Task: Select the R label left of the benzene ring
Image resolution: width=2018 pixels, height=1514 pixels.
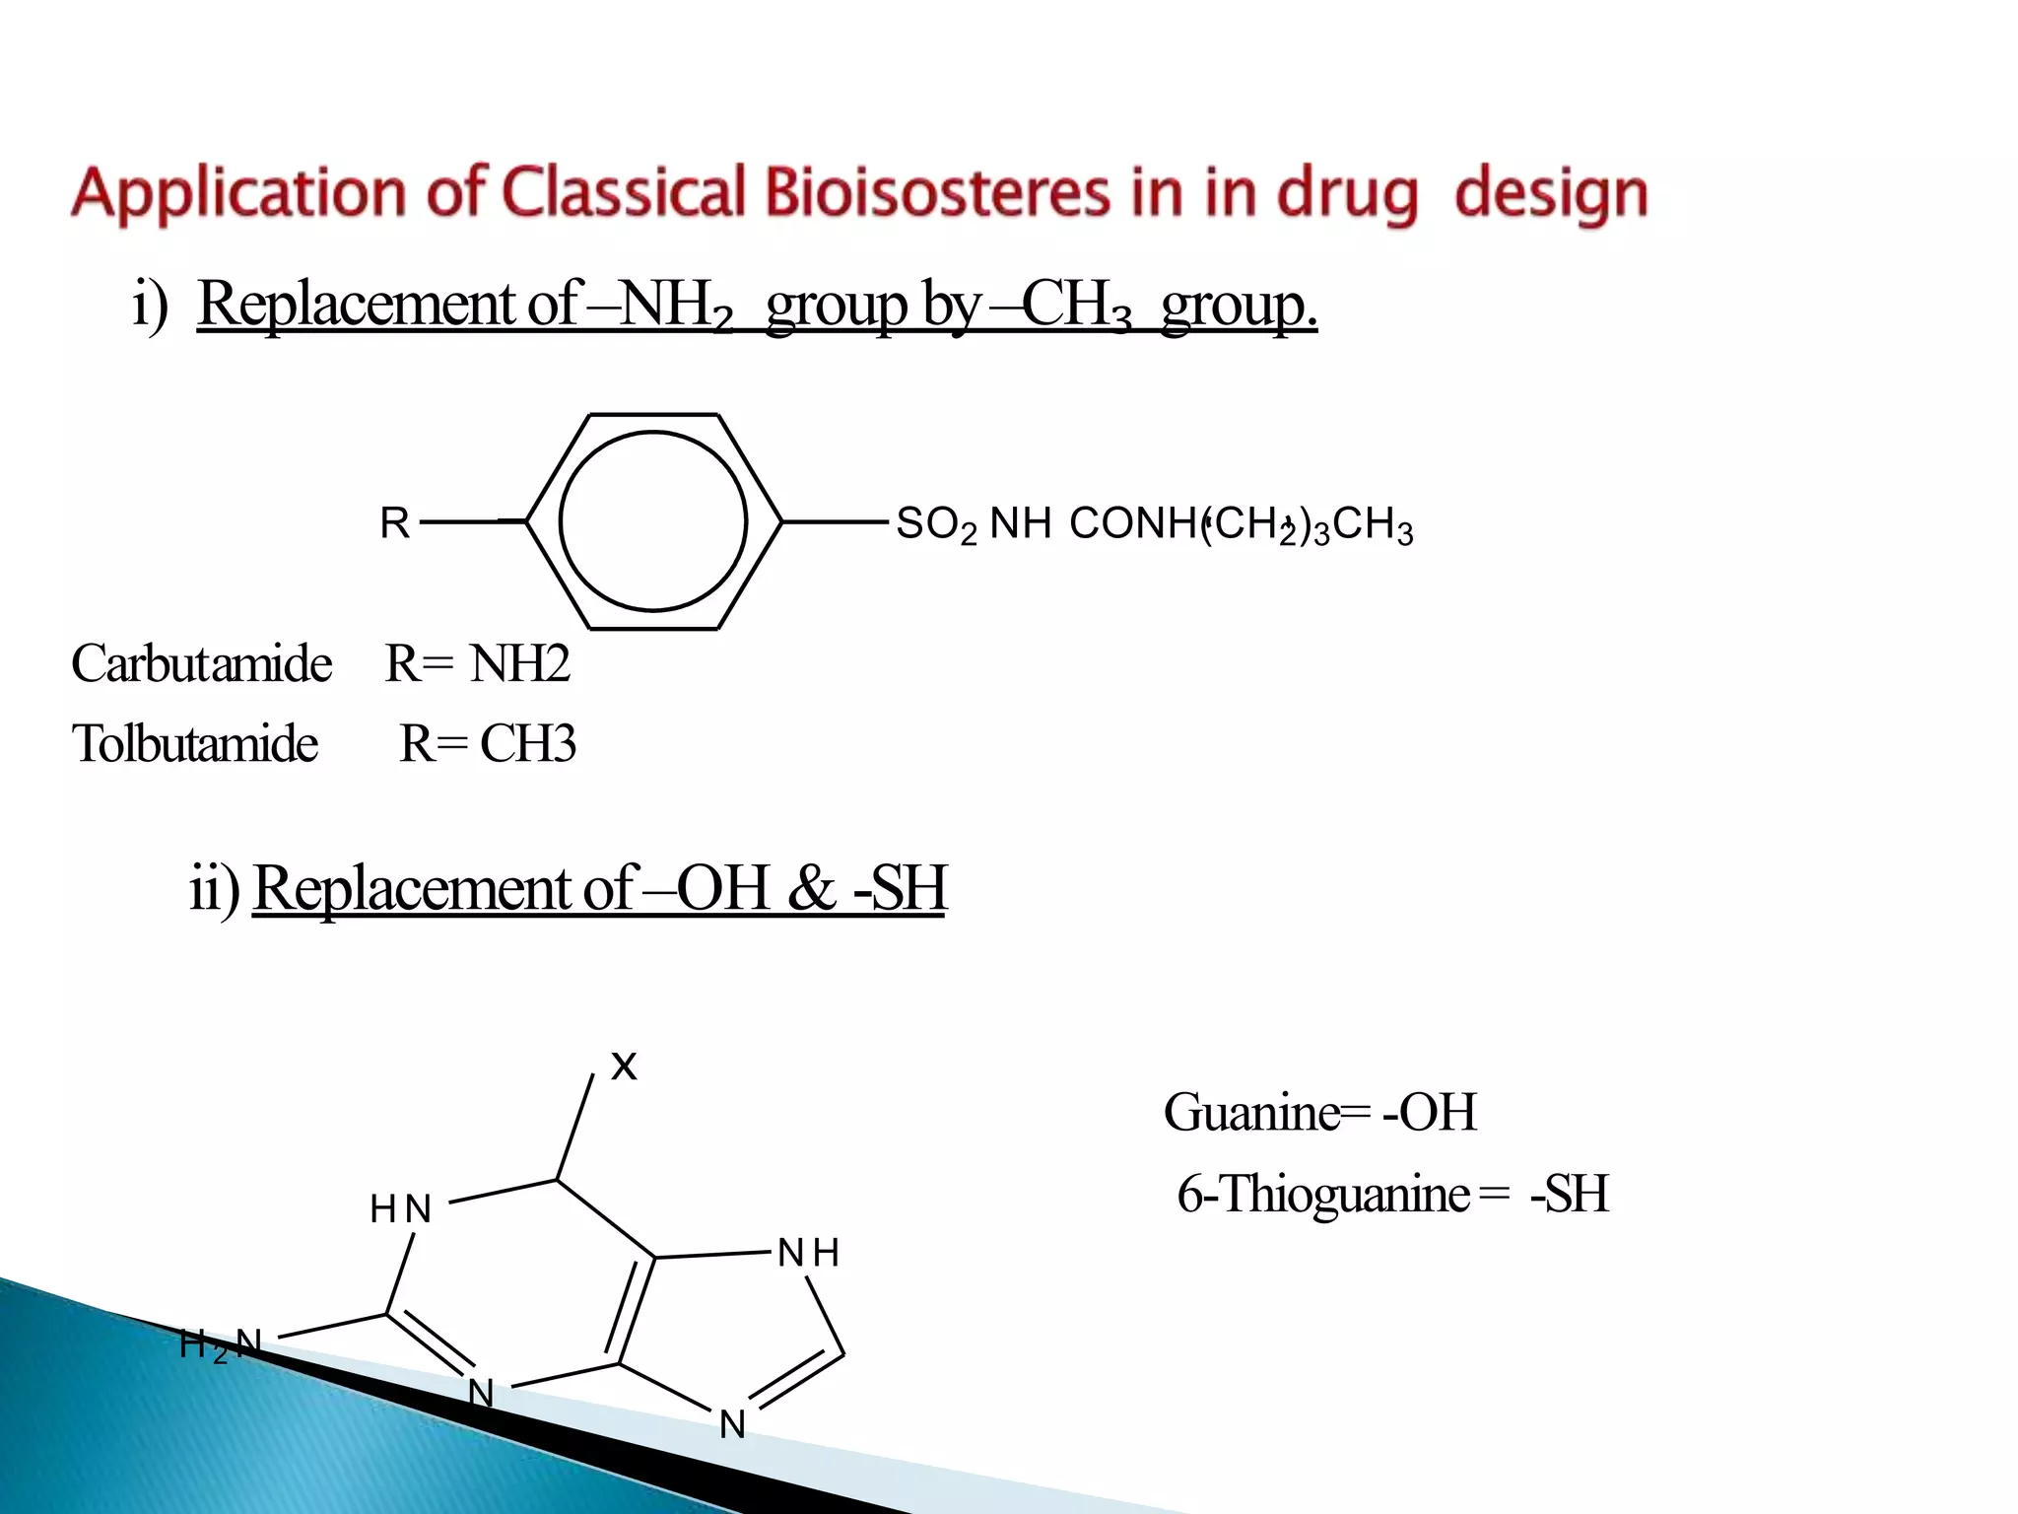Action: (394, 523)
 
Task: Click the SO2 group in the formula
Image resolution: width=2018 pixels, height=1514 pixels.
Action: (935, 524)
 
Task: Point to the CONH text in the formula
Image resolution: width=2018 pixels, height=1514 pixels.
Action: (1133, 523)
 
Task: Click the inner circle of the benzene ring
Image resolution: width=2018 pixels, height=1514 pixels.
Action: (653, 520)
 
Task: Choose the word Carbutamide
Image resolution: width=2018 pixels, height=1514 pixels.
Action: (202, 663)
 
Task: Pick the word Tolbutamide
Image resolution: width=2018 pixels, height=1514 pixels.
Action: (195, 743)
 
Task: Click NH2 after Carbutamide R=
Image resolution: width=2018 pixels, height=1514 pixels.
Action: (519, 663)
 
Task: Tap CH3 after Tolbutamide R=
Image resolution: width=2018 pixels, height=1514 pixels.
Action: (527, 743)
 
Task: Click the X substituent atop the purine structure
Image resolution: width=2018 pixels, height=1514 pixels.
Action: (624, 1066)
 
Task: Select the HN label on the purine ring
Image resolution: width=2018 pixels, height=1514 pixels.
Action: (401, 1208)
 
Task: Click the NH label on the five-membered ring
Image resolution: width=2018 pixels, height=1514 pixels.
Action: (808, 1253)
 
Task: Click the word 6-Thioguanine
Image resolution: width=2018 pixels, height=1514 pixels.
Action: (1323, 1194)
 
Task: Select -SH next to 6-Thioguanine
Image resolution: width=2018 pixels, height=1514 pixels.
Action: (1569, 1194)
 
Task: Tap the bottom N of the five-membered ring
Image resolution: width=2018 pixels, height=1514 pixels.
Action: (732, 1424)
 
